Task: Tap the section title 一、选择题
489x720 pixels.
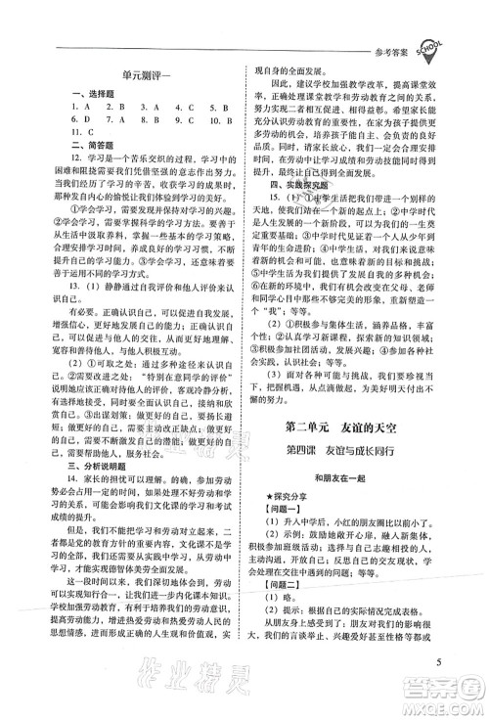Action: pyautogui.click(x=81, y=94)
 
